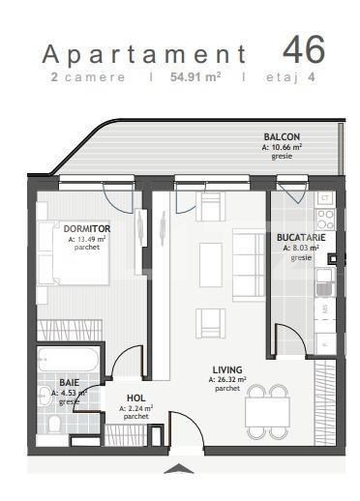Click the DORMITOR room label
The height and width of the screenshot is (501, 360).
pyautogui.click(x=85, y=228)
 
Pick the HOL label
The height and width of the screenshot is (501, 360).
pyautogui.click(x=136, y=398)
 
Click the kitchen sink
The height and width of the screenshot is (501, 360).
pyautogui.click(x=327, y=284)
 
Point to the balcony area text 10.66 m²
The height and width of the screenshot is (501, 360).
pyautogui.click(x=282, y=146)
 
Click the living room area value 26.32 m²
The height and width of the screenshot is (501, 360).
pyautogui.click(x=228, y=379)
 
